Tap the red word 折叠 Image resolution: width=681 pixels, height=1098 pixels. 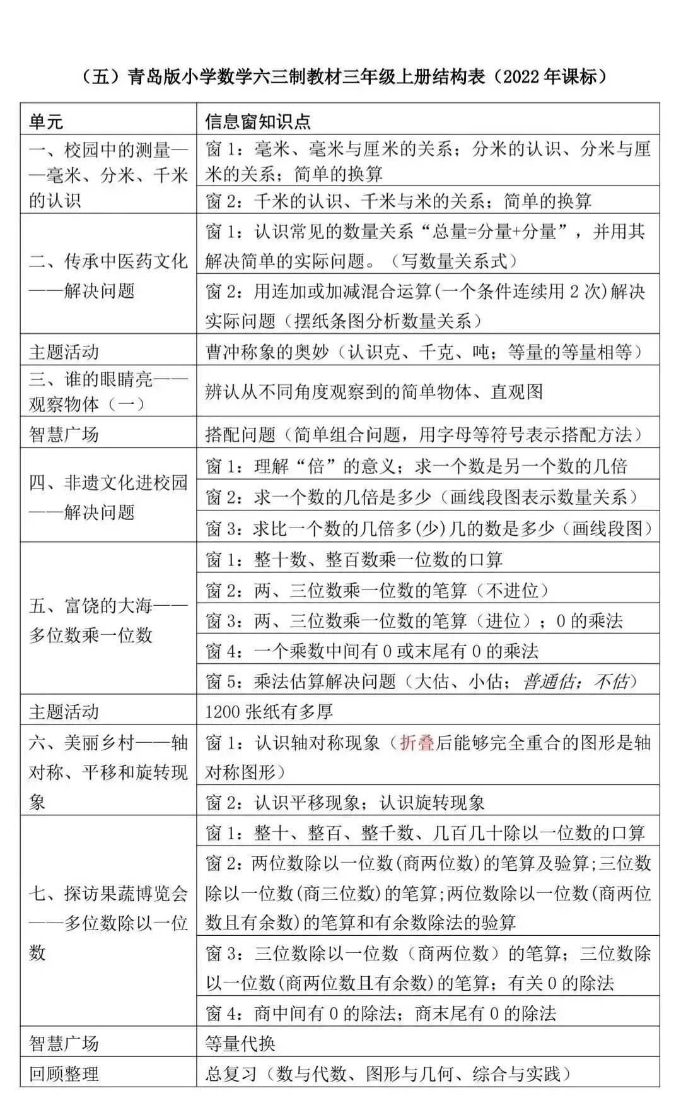(x=417, y=743)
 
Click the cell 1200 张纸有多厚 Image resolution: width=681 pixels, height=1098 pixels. (x=269, y=712)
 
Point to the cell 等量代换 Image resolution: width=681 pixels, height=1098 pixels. (x=240, y=1043)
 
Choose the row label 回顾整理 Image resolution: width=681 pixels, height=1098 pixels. (x=64, y=1074)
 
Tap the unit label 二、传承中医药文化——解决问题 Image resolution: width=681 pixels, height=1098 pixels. (x=108, y=275)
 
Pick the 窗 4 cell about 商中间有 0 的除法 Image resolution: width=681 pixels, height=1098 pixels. (x=381, y=1013)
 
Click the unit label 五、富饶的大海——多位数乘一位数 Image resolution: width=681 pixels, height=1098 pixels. (x=108, y=620)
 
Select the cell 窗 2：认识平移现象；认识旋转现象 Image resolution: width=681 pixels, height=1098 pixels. (x=345, y=803)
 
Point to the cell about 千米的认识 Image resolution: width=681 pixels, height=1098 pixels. (x=399, y=201)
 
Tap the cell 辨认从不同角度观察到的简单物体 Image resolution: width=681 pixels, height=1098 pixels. (x=374, y=392)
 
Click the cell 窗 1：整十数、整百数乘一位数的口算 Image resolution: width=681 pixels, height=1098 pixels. (x=354, y=560)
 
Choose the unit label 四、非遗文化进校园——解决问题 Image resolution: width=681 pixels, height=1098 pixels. (x=108, y=497)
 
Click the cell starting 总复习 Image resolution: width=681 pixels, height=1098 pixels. (x=389, y=1074)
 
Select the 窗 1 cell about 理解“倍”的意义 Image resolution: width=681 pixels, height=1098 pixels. (x=416, y=466)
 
